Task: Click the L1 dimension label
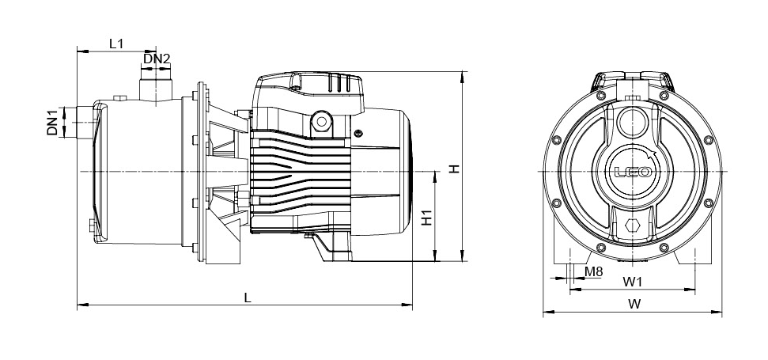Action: tap(116, 44)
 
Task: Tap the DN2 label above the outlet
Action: tap(157, 59)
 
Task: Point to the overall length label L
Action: tap(248, 297)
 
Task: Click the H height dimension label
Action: tap(455, 169)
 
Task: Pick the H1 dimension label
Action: tap(427, 218)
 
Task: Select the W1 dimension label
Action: tap(632, 282)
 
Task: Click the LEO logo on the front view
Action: tap(634, 172)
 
